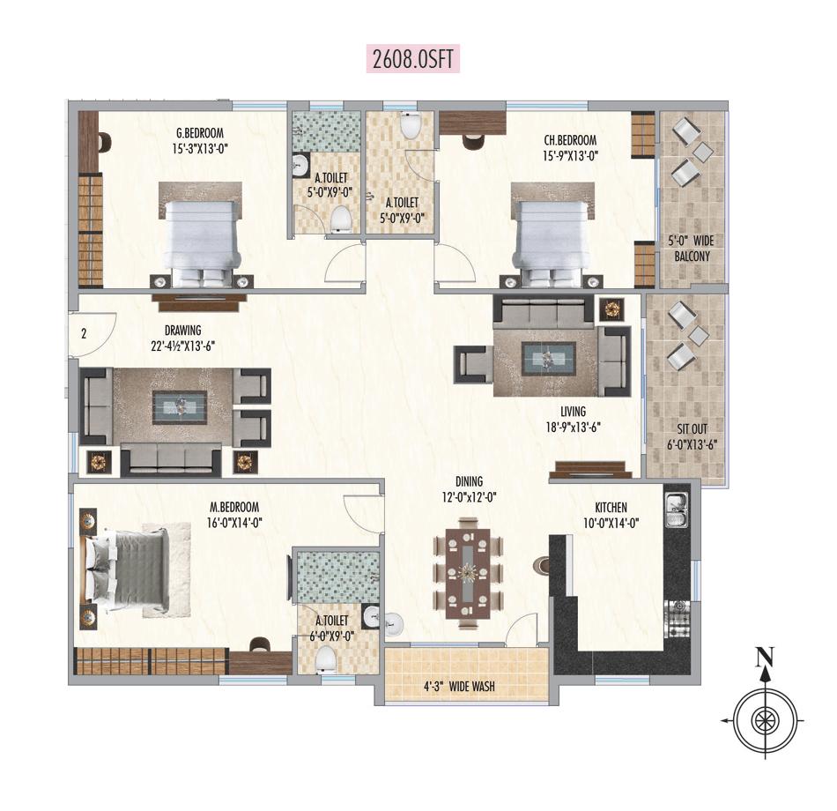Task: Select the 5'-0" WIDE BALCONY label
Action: (690, 249)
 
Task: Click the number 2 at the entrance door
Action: (83, 334)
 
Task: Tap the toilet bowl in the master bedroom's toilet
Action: (326, 657)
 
